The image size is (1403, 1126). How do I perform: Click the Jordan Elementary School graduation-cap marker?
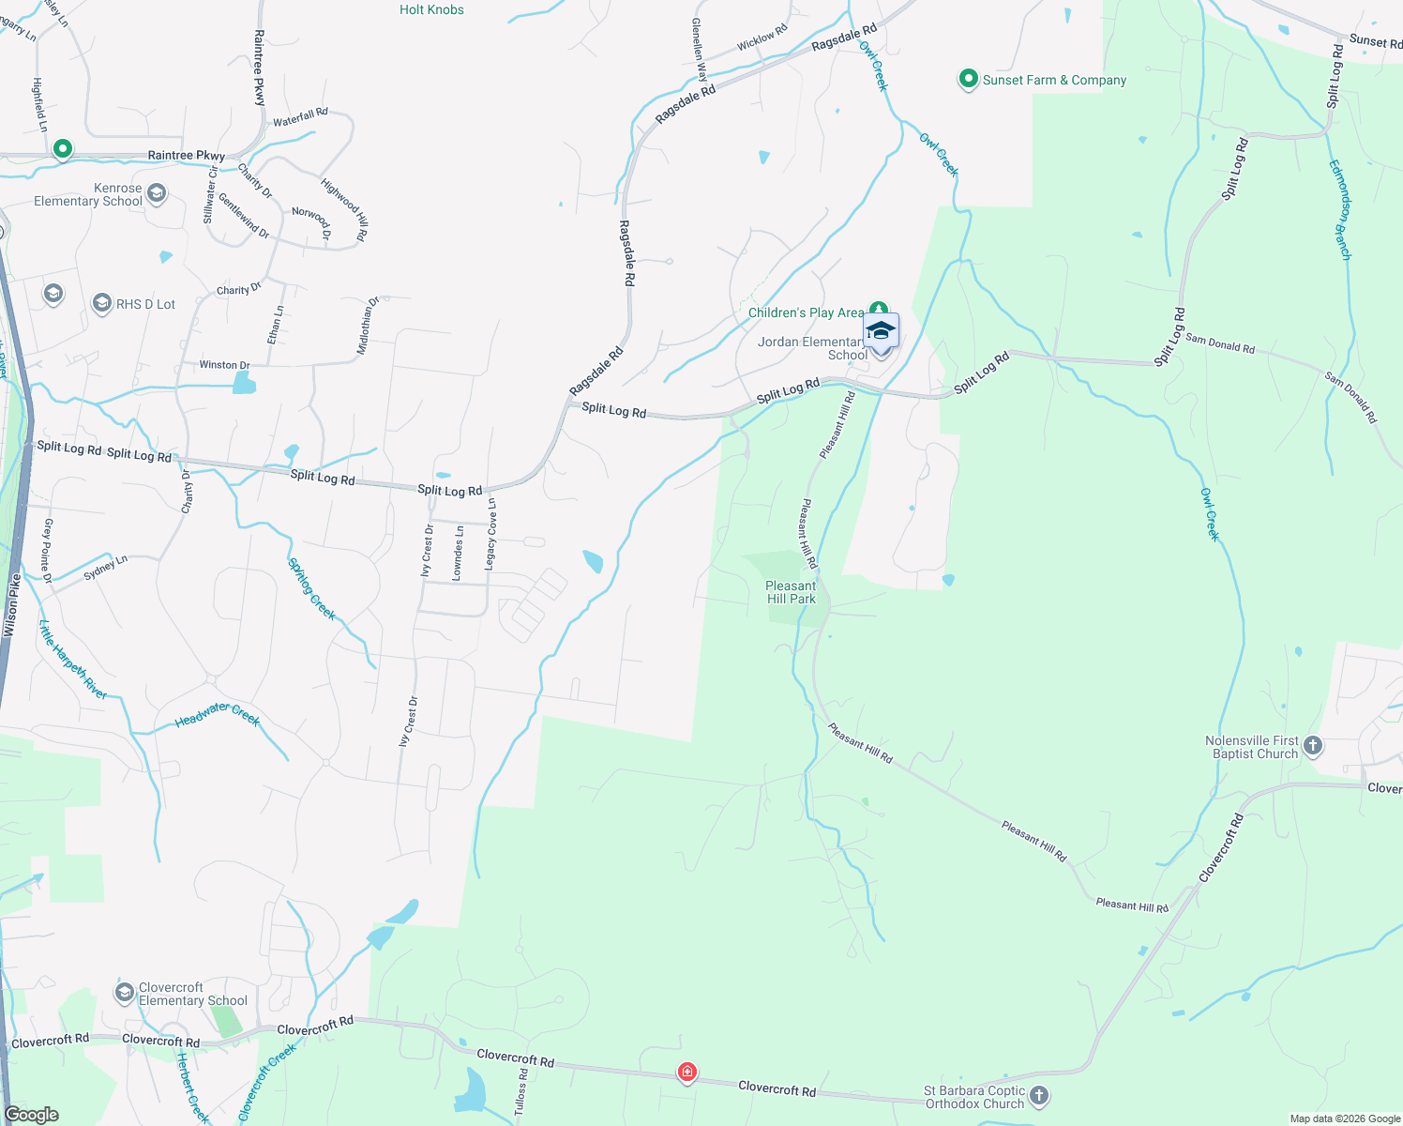click(x=881, y=331)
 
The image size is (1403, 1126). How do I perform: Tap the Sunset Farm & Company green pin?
click(x=969, y=80)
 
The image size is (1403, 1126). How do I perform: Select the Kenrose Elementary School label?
click(x=88, y=194)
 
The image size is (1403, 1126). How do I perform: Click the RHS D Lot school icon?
click(x=101, y=303)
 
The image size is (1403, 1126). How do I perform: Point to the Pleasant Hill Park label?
click(x=791, y=592)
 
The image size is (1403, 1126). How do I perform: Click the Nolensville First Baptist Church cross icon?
click(x=1313, y=746)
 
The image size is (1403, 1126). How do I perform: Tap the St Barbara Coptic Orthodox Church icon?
click(x=1038, y=1095)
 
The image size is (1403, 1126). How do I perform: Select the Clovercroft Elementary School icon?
click(x=124, y=993)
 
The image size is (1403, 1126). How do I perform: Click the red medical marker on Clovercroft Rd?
click(x=687, y=1072)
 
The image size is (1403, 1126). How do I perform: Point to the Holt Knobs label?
click(x=431, y=9)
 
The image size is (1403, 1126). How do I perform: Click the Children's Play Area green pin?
click(x=879, y=309)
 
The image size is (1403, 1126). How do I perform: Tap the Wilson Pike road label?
click(x=12, y=606)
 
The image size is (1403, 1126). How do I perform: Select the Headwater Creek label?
click(x=217, y=716)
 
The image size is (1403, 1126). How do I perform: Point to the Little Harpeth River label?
click(x=73, y=660)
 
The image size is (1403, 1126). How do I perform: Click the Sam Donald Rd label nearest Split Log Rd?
click(x=1219, y=343)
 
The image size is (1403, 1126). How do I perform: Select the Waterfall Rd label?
click(x=300, y=117)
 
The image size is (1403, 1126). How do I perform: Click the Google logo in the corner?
click(x=32, y=1114)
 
